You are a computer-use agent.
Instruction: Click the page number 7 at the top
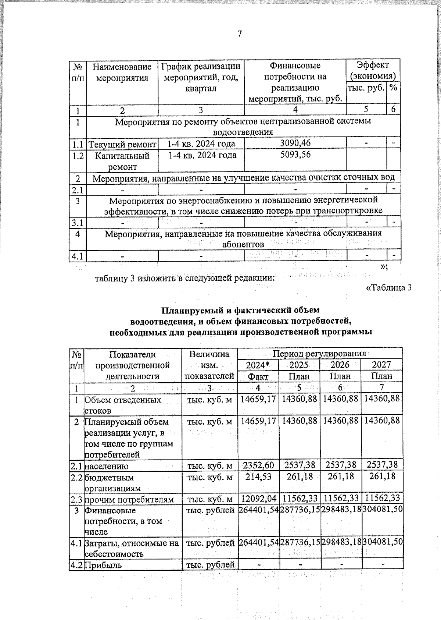(x=240, y=34)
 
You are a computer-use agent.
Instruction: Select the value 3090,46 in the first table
(x=295, y=143)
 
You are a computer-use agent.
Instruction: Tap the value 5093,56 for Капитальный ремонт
(x=295, y=155)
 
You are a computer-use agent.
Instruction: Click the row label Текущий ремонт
(x=122, y=144)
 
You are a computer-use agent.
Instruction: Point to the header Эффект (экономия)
(x=373, y=71)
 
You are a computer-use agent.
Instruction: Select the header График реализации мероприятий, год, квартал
(x=201, y=77)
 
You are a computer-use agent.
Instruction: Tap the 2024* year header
(x=258, y=365)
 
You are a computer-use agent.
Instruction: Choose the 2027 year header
(x=381, y=365)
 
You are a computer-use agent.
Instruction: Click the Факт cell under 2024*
(x=258, y=376)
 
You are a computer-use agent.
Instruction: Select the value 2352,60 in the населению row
(x=258, y=465)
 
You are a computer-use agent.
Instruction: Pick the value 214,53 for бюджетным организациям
(x=258, y=476)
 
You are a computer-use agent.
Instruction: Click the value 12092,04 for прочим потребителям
(x=258, y=499)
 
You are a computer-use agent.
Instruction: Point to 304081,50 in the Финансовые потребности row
(x=382, y=510)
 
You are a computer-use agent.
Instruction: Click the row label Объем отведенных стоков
(x=123, y=405)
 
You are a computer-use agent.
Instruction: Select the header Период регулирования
(x=319, y=354)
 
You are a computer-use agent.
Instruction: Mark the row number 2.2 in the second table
(x=76, y=477)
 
